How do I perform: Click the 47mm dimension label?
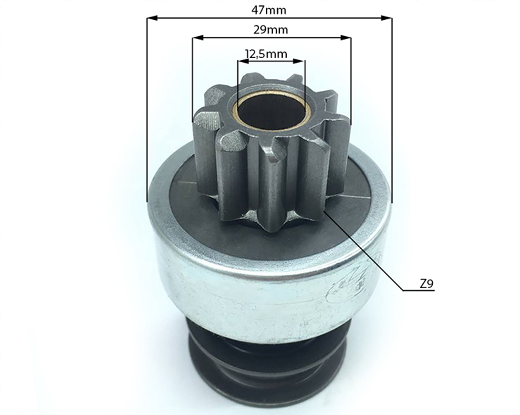click(268, 10)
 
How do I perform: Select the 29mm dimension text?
click(270, 30)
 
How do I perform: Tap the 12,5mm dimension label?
click(266, 53)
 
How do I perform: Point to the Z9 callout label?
click(426, 284)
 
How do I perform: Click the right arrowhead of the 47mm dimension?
click(387, 18)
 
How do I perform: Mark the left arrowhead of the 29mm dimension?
click(197, 38)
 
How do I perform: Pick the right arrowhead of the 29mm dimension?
click(346, 38)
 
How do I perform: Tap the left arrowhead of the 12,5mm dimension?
click(243, 61)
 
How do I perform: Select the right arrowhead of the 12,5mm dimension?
click(300, 61)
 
